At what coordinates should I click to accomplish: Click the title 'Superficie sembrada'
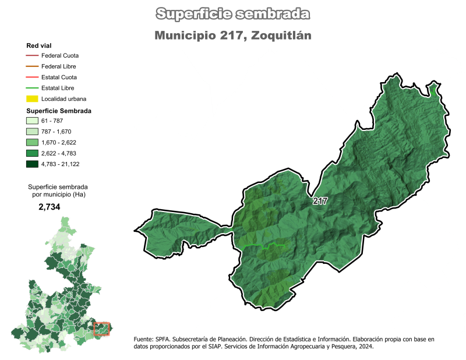tap(233, 14)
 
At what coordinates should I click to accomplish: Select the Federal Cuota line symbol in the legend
tap(32, 56)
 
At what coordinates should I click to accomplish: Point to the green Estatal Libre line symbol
tap(32, 88)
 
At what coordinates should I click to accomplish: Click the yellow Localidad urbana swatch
tap(32, 98)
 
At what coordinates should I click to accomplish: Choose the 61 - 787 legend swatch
tap(32, 121)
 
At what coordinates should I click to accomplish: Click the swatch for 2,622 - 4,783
tap(32, 153)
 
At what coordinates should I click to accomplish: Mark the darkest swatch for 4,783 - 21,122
tap(32, 164)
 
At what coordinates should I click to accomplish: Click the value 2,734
tap(50, 207)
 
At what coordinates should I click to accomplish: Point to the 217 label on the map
tap(319, 201)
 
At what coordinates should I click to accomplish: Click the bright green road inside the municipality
tap(265, 247)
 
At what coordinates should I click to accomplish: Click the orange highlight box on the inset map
tap(101, 329)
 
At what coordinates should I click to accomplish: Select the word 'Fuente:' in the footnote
tap(144, 339)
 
